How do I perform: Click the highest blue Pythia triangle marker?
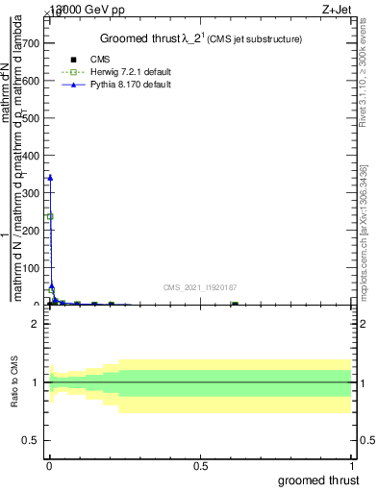coord(50,177)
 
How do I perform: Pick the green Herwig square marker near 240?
coord(50,216)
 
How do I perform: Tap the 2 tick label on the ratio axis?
coord(36,324)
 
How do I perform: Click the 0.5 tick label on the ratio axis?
coord(31,441)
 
